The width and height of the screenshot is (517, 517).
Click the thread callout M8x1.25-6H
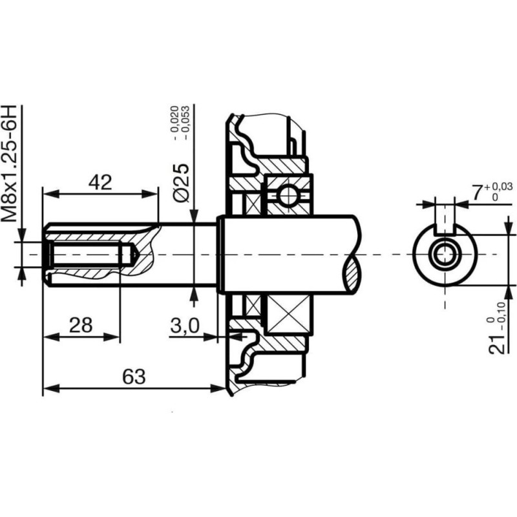(x=9, y=164)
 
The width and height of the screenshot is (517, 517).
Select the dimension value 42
(x=100, y=183)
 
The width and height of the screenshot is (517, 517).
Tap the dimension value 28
(x=81, y=325)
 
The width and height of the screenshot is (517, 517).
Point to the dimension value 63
(x=134, y=377)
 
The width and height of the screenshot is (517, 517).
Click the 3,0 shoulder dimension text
(x=185, y=326)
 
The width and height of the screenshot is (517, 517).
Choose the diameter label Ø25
(x=182, y=182)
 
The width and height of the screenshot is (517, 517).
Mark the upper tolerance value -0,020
(x=174, y=123)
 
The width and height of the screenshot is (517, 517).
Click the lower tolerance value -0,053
(x=185, y=123)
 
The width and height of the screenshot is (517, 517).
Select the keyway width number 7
(x=477, y=193)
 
